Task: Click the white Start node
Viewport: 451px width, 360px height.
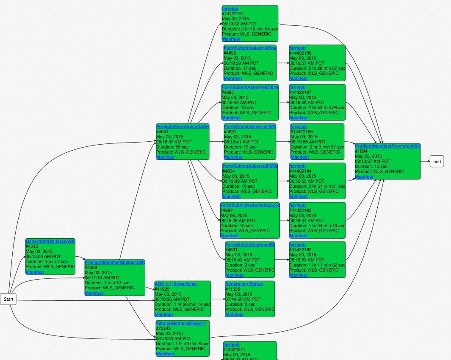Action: pos(8,299)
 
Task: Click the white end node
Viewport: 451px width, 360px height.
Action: pos(437,162)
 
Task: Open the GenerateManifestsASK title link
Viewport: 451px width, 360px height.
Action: pos(50,241)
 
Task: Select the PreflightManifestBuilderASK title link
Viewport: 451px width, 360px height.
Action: pos(115,262)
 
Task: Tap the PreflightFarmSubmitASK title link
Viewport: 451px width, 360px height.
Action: pos(183,126)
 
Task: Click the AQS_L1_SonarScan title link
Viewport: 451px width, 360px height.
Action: pos(175,284)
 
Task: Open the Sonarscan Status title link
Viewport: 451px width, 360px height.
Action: pos(244,284)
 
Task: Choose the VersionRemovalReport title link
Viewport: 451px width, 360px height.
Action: pos(180,323)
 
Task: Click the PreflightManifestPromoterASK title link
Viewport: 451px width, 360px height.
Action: pos(387,146)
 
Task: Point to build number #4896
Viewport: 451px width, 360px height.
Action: pos(231,53)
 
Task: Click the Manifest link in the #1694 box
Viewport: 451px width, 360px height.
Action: pos(364,177)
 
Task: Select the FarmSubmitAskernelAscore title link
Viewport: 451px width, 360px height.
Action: pos(250,205)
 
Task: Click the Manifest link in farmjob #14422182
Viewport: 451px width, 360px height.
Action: pos(299,275)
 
